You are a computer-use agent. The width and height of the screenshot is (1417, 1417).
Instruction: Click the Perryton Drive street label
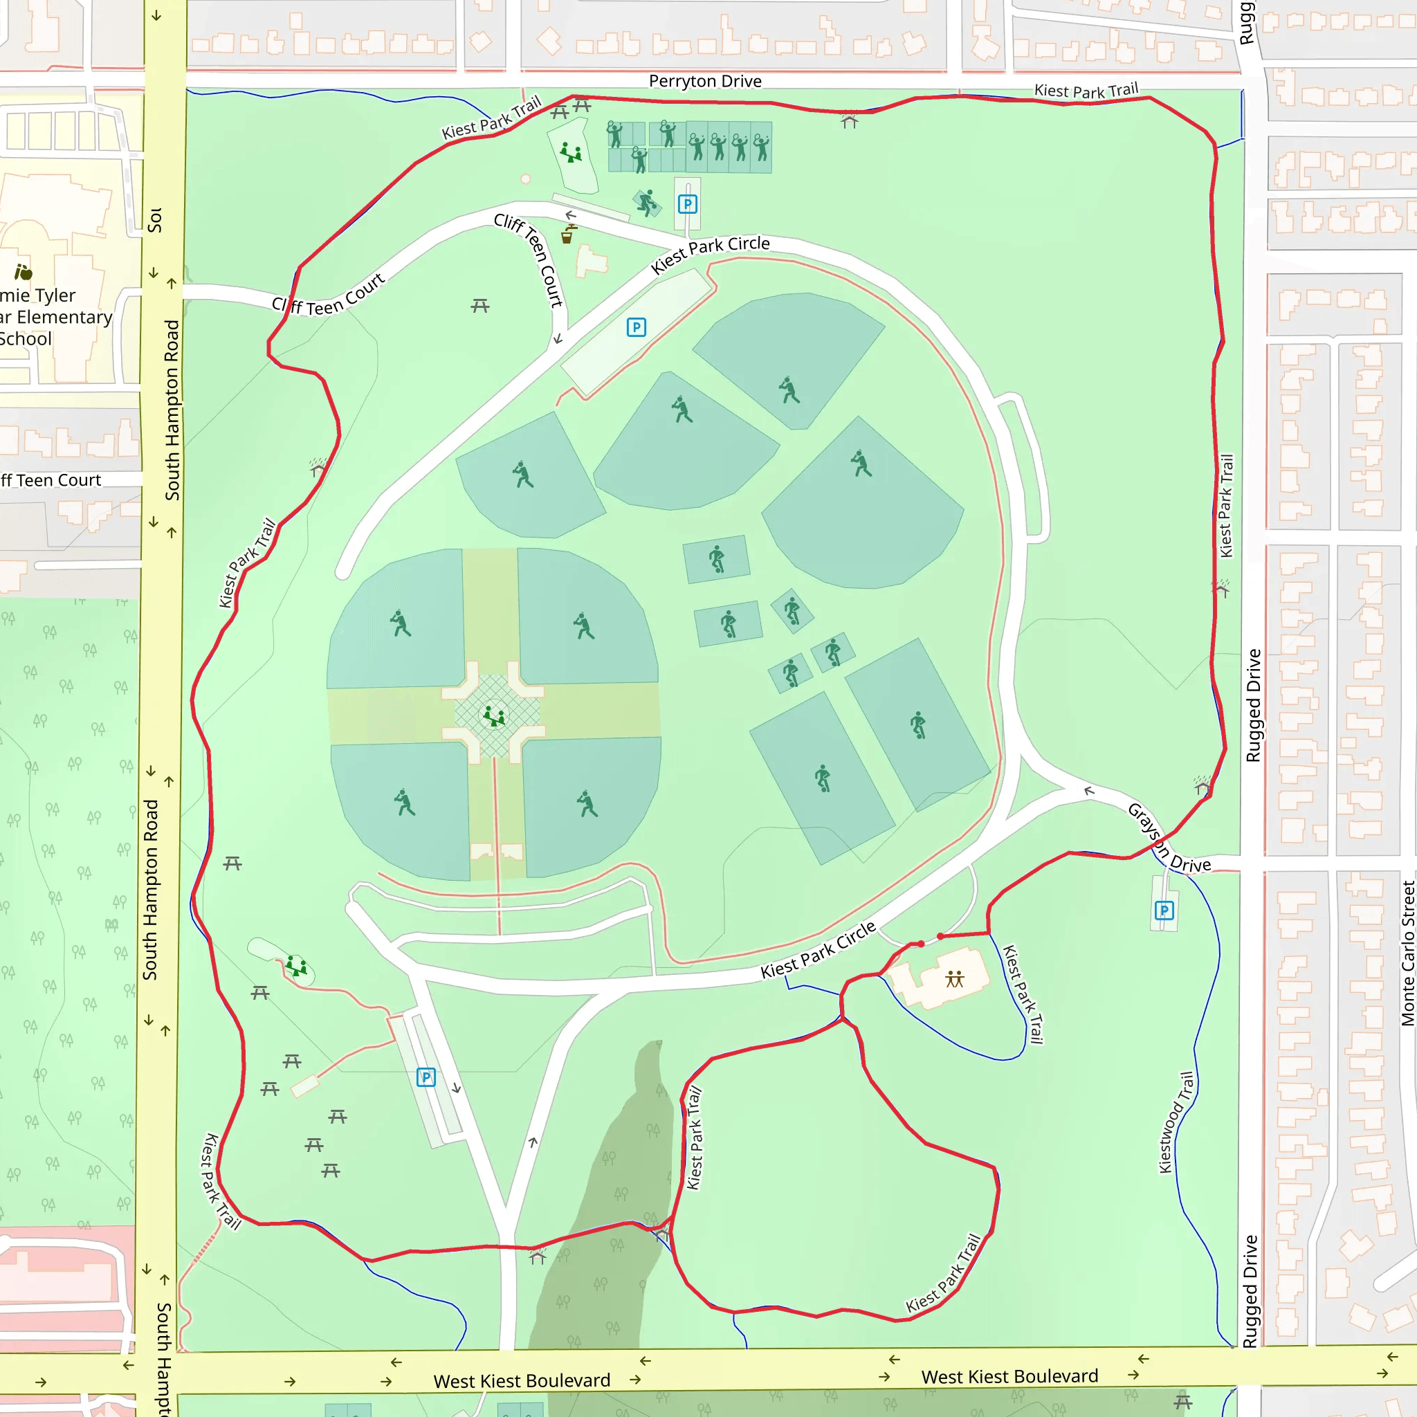[x=705, y=81]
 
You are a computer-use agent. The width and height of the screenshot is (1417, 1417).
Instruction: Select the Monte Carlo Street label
[x=1407, y=953]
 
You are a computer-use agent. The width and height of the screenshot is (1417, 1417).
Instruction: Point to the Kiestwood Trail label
[x=1175, y=1122]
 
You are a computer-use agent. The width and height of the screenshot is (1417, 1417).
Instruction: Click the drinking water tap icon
[x=567, y=235]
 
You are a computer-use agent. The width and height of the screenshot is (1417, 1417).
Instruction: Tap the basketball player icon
[x=646, y=203]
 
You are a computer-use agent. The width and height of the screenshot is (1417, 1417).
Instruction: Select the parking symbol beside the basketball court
[x=687, y=204]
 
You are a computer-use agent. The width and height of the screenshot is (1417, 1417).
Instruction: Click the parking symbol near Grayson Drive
[x=1164, y=911]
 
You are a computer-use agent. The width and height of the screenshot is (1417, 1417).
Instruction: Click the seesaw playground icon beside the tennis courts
[x=571, y=154]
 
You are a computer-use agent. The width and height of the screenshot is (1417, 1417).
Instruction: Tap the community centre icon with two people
[x=954, y=978]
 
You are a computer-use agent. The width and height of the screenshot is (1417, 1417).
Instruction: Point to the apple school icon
[x=24, y=273]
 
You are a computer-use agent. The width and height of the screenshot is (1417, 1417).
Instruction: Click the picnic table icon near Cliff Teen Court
[x=479, y=305]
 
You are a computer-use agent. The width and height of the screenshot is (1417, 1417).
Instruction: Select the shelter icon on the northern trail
[x=850, y=121]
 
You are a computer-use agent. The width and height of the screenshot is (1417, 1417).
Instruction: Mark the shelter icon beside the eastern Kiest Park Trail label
[x=1221, y=587]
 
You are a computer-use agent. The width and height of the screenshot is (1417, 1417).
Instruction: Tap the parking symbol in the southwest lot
[x=426, y=1077]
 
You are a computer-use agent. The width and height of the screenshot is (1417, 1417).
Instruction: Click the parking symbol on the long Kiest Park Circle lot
[x=636, y=327]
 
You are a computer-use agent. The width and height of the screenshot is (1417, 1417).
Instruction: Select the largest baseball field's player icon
[x=861, y=464]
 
